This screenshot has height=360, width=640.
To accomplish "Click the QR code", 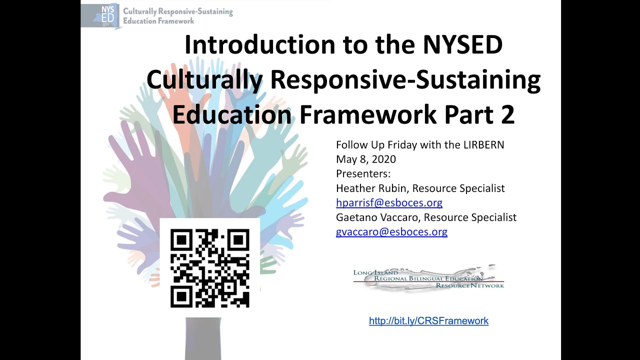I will pyautogui.click(x=210, y=268).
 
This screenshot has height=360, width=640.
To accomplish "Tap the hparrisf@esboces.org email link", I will pyautogui.click(x=389, y=203).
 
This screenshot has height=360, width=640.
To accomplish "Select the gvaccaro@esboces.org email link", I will pyautogui.click(x=391, y=232).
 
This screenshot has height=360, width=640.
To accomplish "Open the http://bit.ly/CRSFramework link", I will pyautogui.click(x=428, y=321).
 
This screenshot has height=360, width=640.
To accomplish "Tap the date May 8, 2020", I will pyautogui.click(x=366, y=159).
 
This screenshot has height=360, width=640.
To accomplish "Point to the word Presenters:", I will pyautogui.click(x=363, y=174).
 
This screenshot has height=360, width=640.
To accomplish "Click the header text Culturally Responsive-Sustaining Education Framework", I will pyautogui.click(x=177, y=16).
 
